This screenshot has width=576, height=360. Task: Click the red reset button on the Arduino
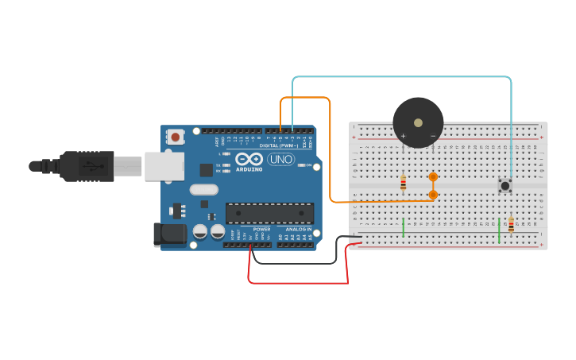click(x=176, y=137)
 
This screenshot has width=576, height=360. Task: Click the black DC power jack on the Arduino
click(x=169, y=234)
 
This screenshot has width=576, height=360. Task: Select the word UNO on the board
click(x=280, y=159)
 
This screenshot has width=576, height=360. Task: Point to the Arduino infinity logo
click(x=249, y=159)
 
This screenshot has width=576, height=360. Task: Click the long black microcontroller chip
click(x=269, y=212)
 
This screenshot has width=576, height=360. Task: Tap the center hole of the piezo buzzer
click(x=418, y=122)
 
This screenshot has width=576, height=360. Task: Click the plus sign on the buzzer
click(x=403, y=136)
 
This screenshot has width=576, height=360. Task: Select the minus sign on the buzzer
click(x=433, y=136)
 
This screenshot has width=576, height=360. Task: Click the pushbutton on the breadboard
click(x=504, y=185)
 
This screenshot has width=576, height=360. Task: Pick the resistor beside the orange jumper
click(x=403, y=183)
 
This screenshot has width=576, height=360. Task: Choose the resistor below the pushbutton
click(x=511, y=224)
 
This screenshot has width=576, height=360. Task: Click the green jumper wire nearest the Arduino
click(x=404, y=227)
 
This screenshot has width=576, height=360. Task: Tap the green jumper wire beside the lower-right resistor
click(x=499, y=230)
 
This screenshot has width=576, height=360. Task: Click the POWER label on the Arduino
click(x=261, y=229)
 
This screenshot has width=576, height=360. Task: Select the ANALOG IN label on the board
click(x=299, y=229)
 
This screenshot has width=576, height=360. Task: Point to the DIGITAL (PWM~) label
click(x=279, y=145)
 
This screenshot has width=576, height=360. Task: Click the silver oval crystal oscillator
click(x=203, y=189)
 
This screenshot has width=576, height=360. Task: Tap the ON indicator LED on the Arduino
click(x=303, y=165)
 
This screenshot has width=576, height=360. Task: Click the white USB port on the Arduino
click(x=164, y=166)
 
